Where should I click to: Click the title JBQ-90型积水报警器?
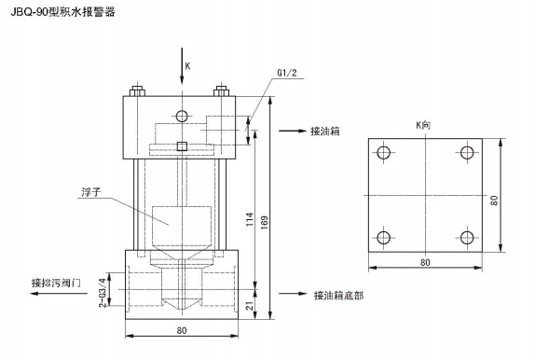(x=62, y=12)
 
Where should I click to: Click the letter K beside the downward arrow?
(x=187, y=66)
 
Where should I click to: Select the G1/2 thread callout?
(x=287, y=73)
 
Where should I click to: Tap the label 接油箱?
(x=324, y=132)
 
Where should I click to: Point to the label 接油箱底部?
(x=338, y=296)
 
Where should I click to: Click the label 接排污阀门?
(x=56, y=283)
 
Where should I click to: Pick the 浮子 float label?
(x=91, y=192)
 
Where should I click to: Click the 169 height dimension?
(x=265, y=222)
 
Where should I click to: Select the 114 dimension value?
(x=250, y=219)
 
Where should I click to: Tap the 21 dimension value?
(x=251, y=305)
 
